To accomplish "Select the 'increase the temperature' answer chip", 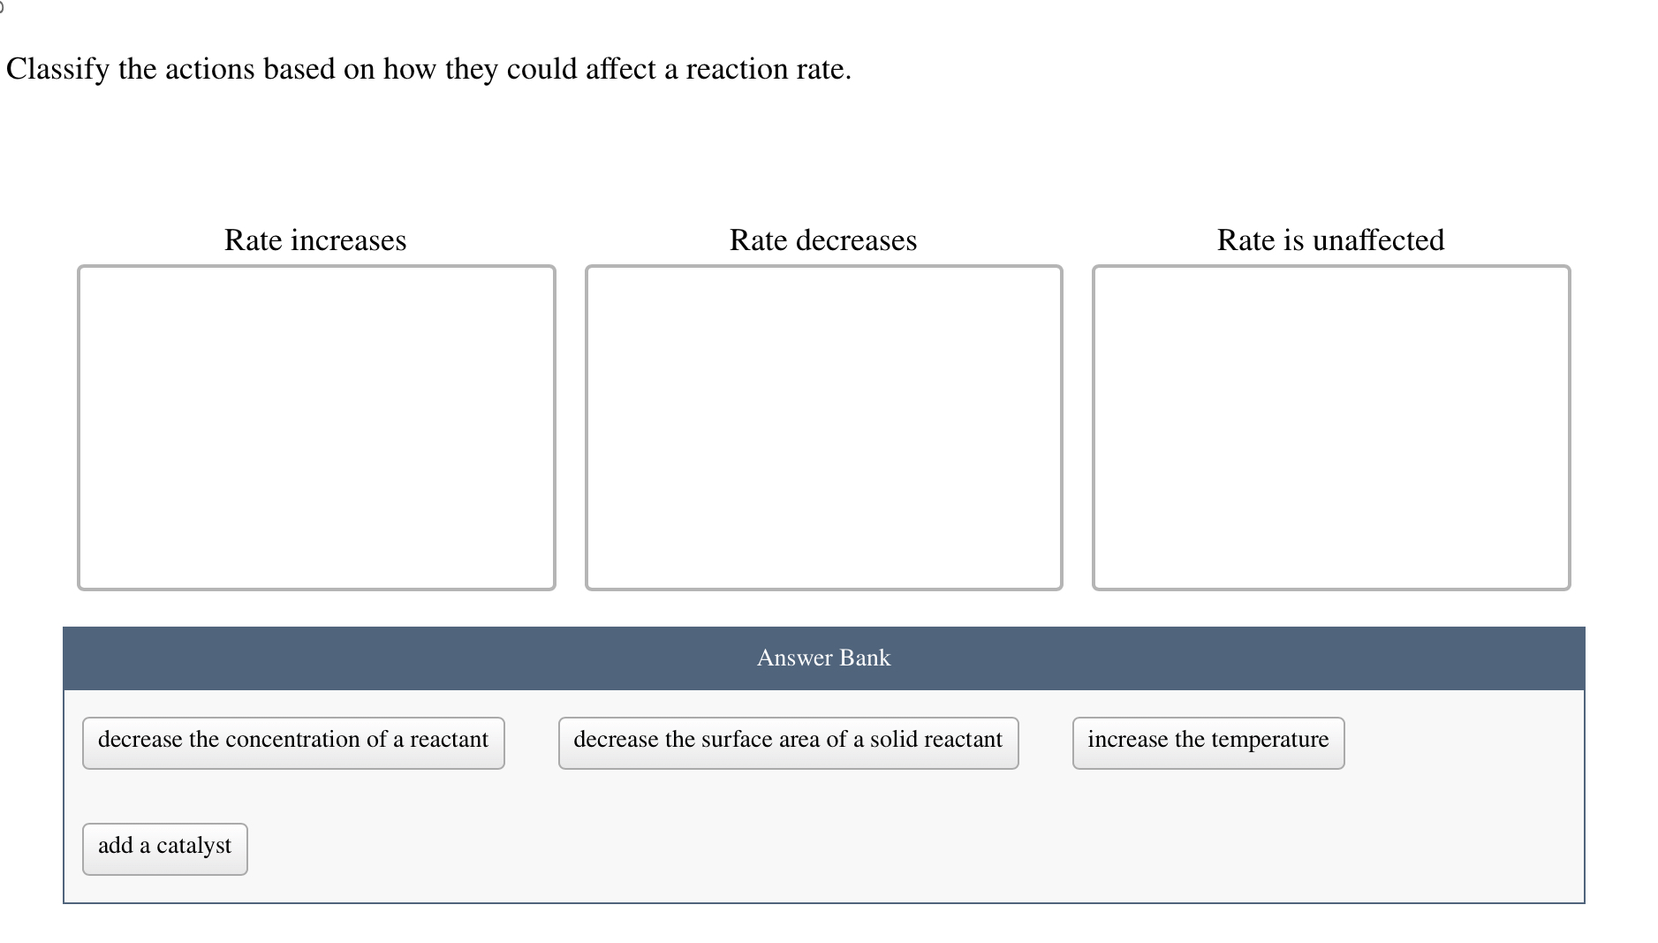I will (x=1208, y=742).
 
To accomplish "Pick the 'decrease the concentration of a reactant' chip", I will (x=293, y=742).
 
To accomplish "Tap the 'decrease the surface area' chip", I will (x=788, y=742).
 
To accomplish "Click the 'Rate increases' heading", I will (x=315, y=240).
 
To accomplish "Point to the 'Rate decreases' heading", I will (x=823, y=240).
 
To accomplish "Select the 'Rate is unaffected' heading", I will (x=1330, y=240).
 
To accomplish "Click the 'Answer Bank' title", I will (x=823, y=658).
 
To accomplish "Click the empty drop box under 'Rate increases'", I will (x=316, y=427).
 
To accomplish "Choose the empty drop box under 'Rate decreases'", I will (x=823, y=427).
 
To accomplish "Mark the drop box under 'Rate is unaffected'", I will (x=1331, y=427).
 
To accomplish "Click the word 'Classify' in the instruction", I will (x=57, y=70).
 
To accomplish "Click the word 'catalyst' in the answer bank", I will (x=193, y=847).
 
